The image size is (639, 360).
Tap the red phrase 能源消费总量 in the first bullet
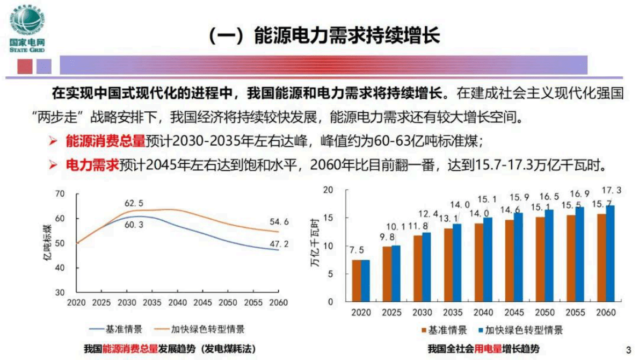(x=105, y=141)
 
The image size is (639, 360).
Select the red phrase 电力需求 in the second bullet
(x=92, y=165)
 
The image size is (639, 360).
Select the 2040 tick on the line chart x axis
(x=177, y=303)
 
